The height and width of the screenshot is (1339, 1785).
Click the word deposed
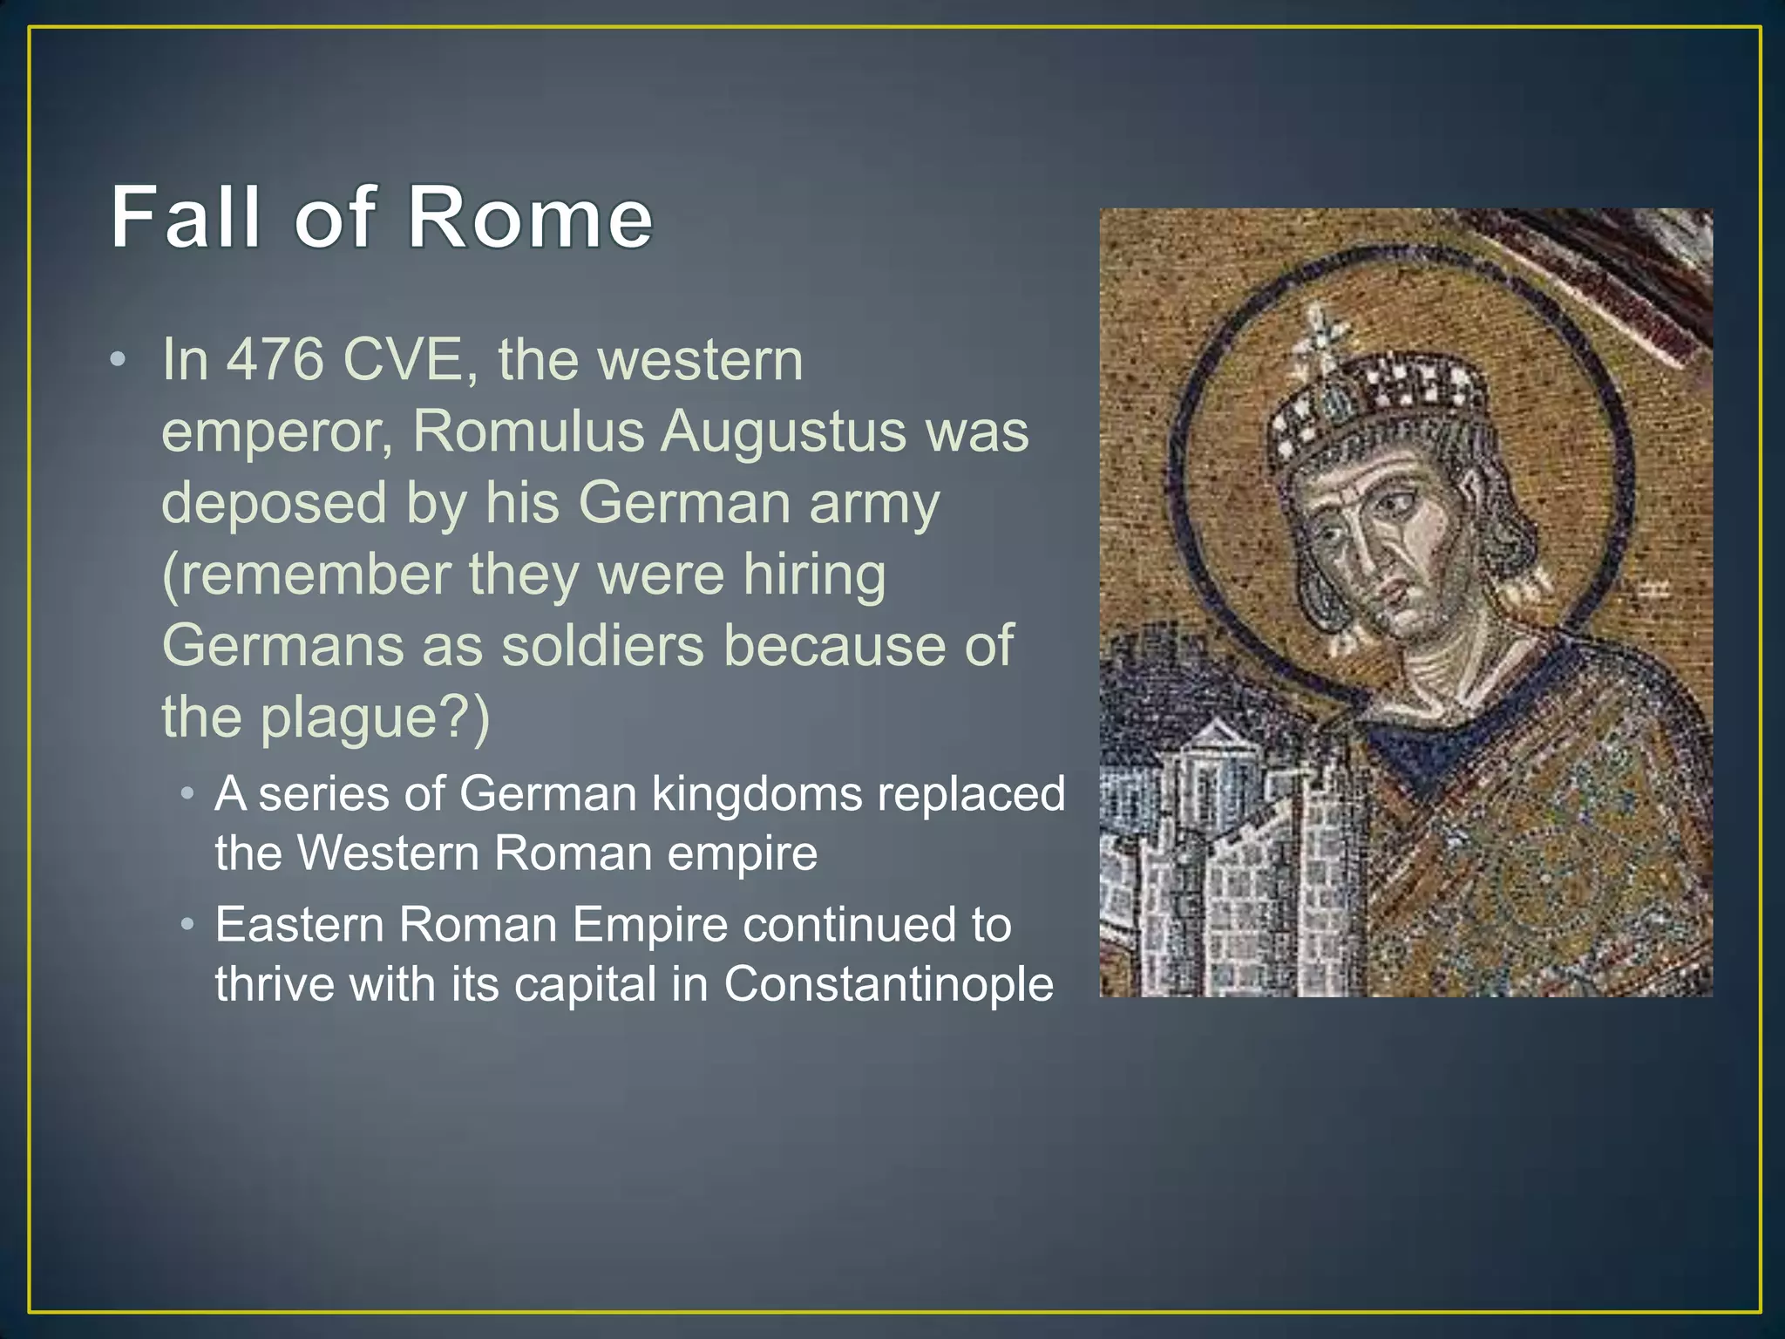[274, 503]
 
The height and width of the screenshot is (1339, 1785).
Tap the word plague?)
[375, 717]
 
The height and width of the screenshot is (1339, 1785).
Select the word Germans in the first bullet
[283, 646]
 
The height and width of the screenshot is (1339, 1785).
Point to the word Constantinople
[888, 984]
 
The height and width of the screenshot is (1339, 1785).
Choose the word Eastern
[299, 925]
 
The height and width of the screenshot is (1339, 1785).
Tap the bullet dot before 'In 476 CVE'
[119, 360]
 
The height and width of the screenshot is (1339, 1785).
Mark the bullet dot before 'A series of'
[187, 794]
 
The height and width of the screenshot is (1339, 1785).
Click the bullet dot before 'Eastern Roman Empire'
[187, 925]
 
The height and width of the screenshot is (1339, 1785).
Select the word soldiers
[602, 646]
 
